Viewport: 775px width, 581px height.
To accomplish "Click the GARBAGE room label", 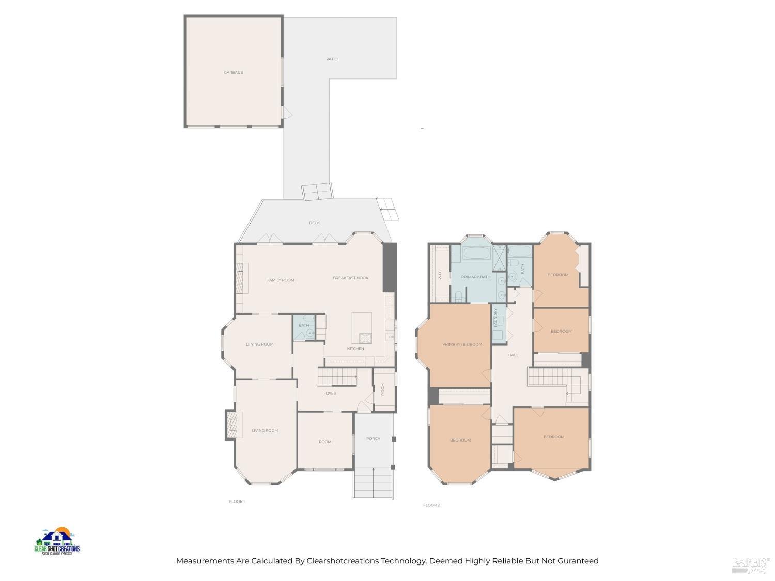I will point(233,73).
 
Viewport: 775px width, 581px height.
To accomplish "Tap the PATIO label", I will point(332,59).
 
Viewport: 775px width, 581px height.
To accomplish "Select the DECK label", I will point(314,223).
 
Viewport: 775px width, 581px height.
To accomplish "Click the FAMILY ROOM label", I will point(281,280).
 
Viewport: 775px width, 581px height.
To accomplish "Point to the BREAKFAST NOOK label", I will point(350,278).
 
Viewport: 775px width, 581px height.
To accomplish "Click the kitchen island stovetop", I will point(365,338).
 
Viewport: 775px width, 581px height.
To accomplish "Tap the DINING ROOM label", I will point(259,344).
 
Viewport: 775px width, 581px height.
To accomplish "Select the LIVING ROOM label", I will point(265,431).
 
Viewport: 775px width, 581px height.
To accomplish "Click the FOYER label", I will point(330,394).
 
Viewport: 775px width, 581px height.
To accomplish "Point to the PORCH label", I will point(373,439).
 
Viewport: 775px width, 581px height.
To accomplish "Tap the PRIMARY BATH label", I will point(475,277).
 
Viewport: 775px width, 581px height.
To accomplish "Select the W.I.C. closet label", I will point(440,274).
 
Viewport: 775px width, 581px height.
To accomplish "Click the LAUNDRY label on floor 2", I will point(495,318).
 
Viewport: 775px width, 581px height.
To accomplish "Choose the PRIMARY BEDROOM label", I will point(462,344).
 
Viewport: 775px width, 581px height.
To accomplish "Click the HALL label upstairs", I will point(513,355).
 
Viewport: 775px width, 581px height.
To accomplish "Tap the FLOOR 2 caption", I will point(431,505).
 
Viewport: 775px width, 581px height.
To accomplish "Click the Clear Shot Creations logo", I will point(57,541).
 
